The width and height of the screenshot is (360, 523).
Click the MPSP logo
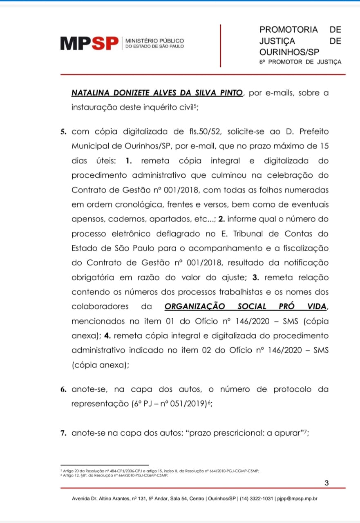point(89,43)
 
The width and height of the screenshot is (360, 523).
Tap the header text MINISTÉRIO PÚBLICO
point(154,41)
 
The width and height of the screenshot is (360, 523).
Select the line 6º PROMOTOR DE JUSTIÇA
point(300,62)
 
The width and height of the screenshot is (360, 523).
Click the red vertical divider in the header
point(221,45)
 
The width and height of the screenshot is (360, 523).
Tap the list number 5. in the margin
point(63,132)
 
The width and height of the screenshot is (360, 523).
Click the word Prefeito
point(311,132)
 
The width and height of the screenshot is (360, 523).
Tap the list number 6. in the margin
point(63,389)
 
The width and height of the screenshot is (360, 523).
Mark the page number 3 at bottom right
point(326,483)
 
